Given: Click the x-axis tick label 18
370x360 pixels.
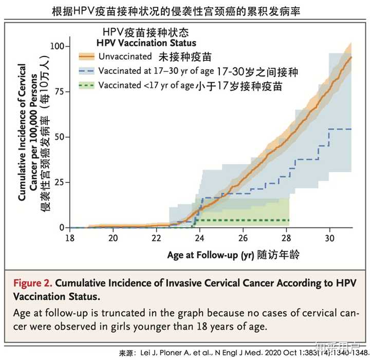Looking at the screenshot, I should (70, 238).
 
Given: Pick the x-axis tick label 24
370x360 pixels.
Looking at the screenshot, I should (200, 238).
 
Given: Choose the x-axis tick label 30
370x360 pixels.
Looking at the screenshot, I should (330, 238).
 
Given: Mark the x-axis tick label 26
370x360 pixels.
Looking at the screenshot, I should (243, 238).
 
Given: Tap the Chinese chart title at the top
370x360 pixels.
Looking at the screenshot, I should (184, 10).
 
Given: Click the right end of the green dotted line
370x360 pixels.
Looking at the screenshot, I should (289, 220).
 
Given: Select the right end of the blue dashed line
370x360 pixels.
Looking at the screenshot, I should (351, 129).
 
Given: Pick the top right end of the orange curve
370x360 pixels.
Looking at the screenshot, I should (351, 57).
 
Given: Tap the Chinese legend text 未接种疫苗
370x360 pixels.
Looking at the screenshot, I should (185, 56).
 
